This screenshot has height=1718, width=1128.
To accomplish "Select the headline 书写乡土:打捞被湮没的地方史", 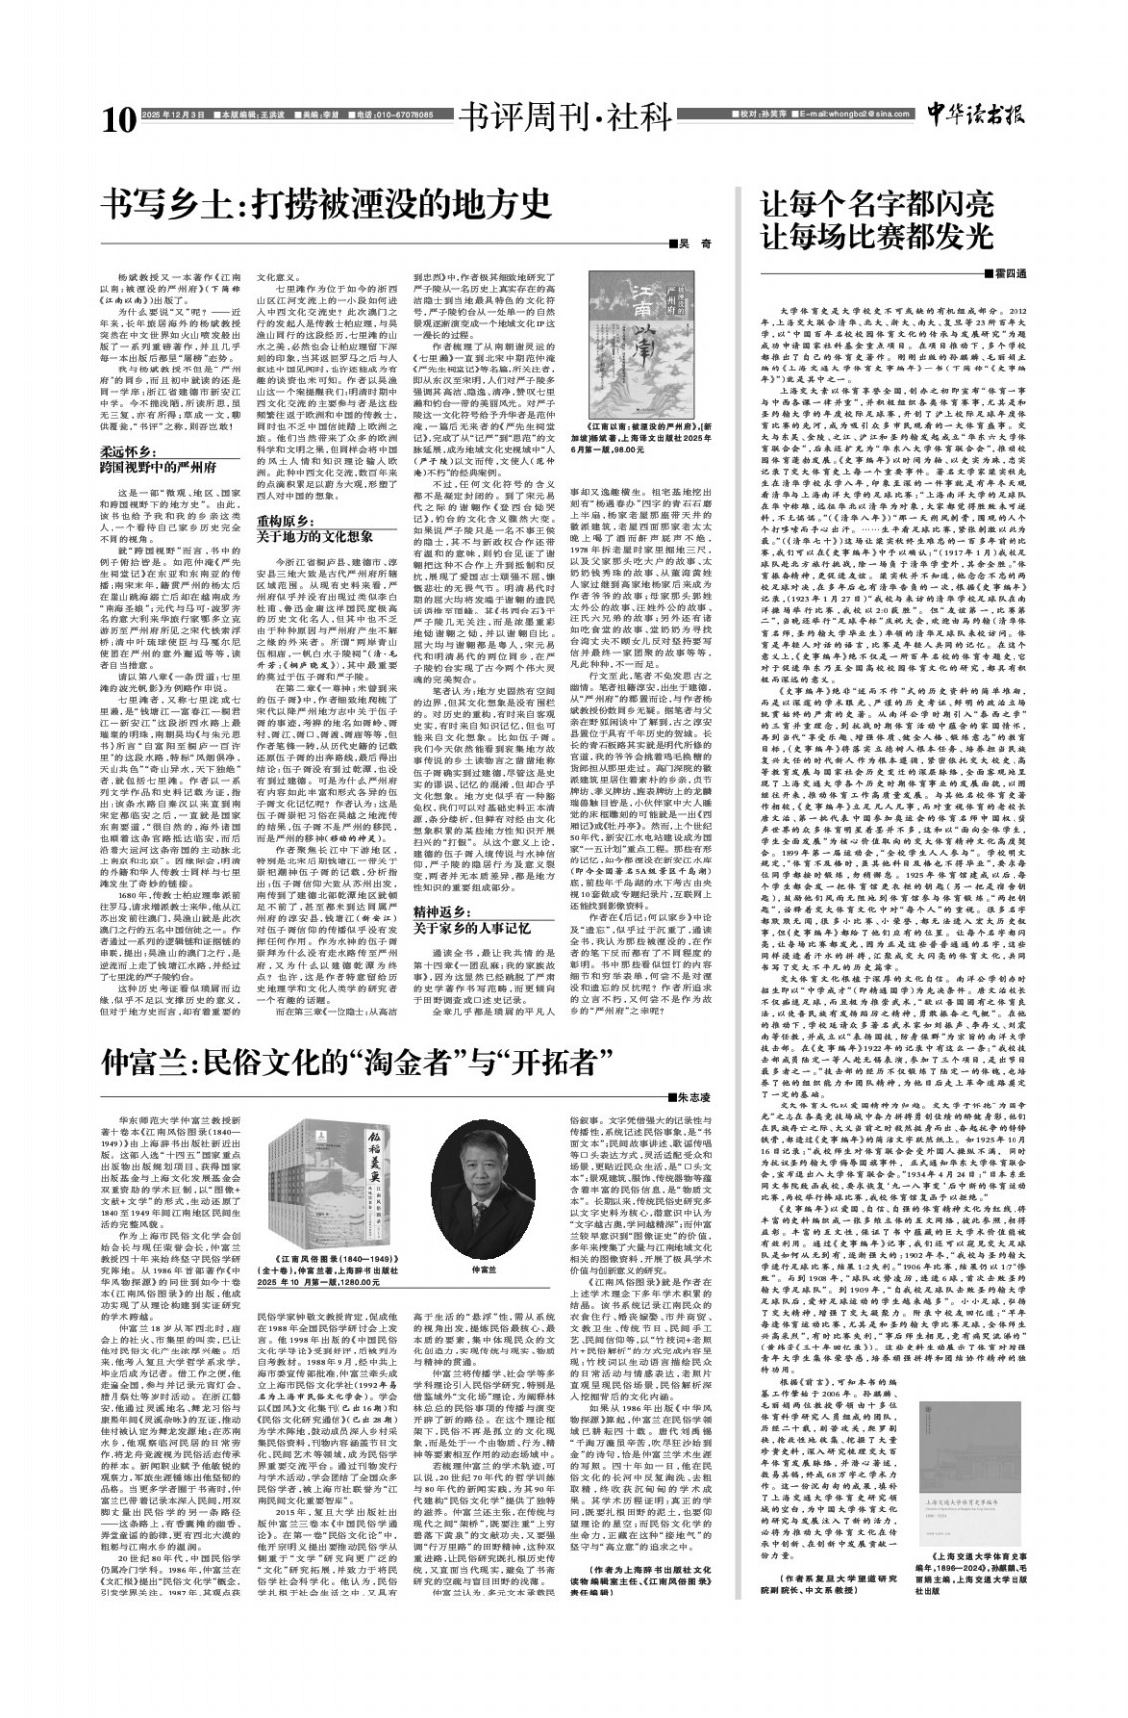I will [332, 204].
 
